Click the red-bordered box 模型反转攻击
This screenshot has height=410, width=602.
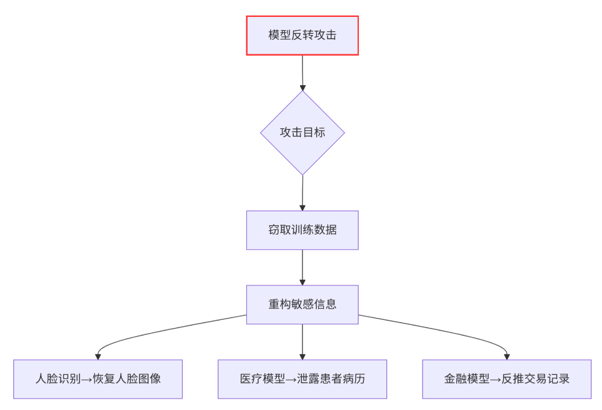302,36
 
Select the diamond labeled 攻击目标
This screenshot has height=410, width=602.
302,133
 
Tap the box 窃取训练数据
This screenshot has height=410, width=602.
302,230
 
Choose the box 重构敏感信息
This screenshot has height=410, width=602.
302,304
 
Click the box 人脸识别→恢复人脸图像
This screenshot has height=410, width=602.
98,379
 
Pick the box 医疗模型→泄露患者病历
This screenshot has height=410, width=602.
302,379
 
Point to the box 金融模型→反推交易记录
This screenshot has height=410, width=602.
506,379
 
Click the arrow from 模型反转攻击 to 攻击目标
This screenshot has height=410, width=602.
302,73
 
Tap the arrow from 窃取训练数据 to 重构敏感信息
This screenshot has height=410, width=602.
302,267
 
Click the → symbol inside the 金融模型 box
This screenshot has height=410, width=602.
496,379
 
